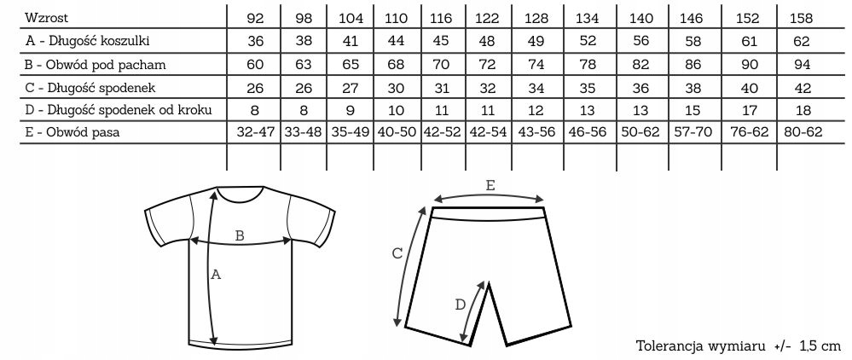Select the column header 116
pyautogui.click(x=443, y=17)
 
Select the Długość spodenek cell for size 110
pyautogui.click(x=396, y=86)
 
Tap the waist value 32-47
pyautogui.click(x=255, y=132)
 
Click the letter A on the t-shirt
pyautogui.click(x=216, y=275)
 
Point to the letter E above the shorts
pyautogui.click(x=490, y=184)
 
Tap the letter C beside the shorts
pyautogui.click(x=397, y=253)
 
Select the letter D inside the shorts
pyautogui.click(x=461, y=304)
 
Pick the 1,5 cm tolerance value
pyautogui.click(x=822, y=346)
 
